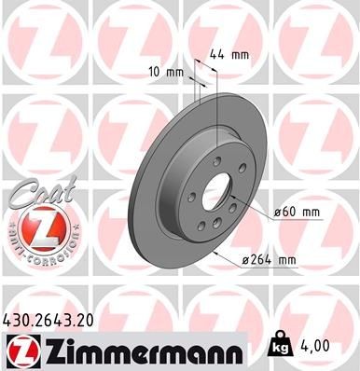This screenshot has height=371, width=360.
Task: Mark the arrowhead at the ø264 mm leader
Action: coord(215,252)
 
